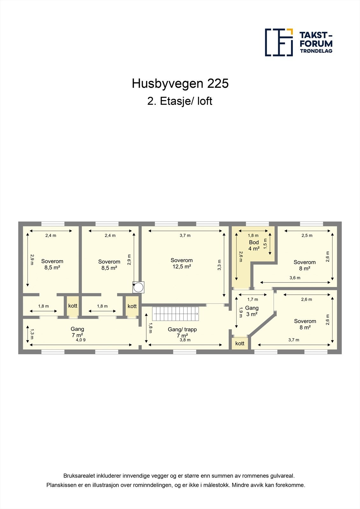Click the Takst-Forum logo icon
point(279,42)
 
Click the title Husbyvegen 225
point(180,84)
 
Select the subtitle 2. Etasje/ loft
point(180,101)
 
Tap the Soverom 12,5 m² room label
point(181,263)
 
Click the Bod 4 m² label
point(254,246)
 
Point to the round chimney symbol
point(138,287)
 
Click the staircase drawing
point(175,314)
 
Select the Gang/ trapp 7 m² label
point(182,332)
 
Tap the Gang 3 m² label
point(251,311)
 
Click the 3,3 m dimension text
point(219,265)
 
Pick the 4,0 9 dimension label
point(81,340)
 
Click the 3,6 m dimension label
point(295,278)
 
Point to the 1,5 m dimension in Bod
point(265,244)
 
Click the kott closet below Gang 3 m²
point(240,343)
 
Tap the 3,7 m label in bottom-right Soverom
point(293,340)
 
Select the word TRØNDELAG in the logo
point(316,51)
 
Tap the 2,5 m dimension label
point(307,235)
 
